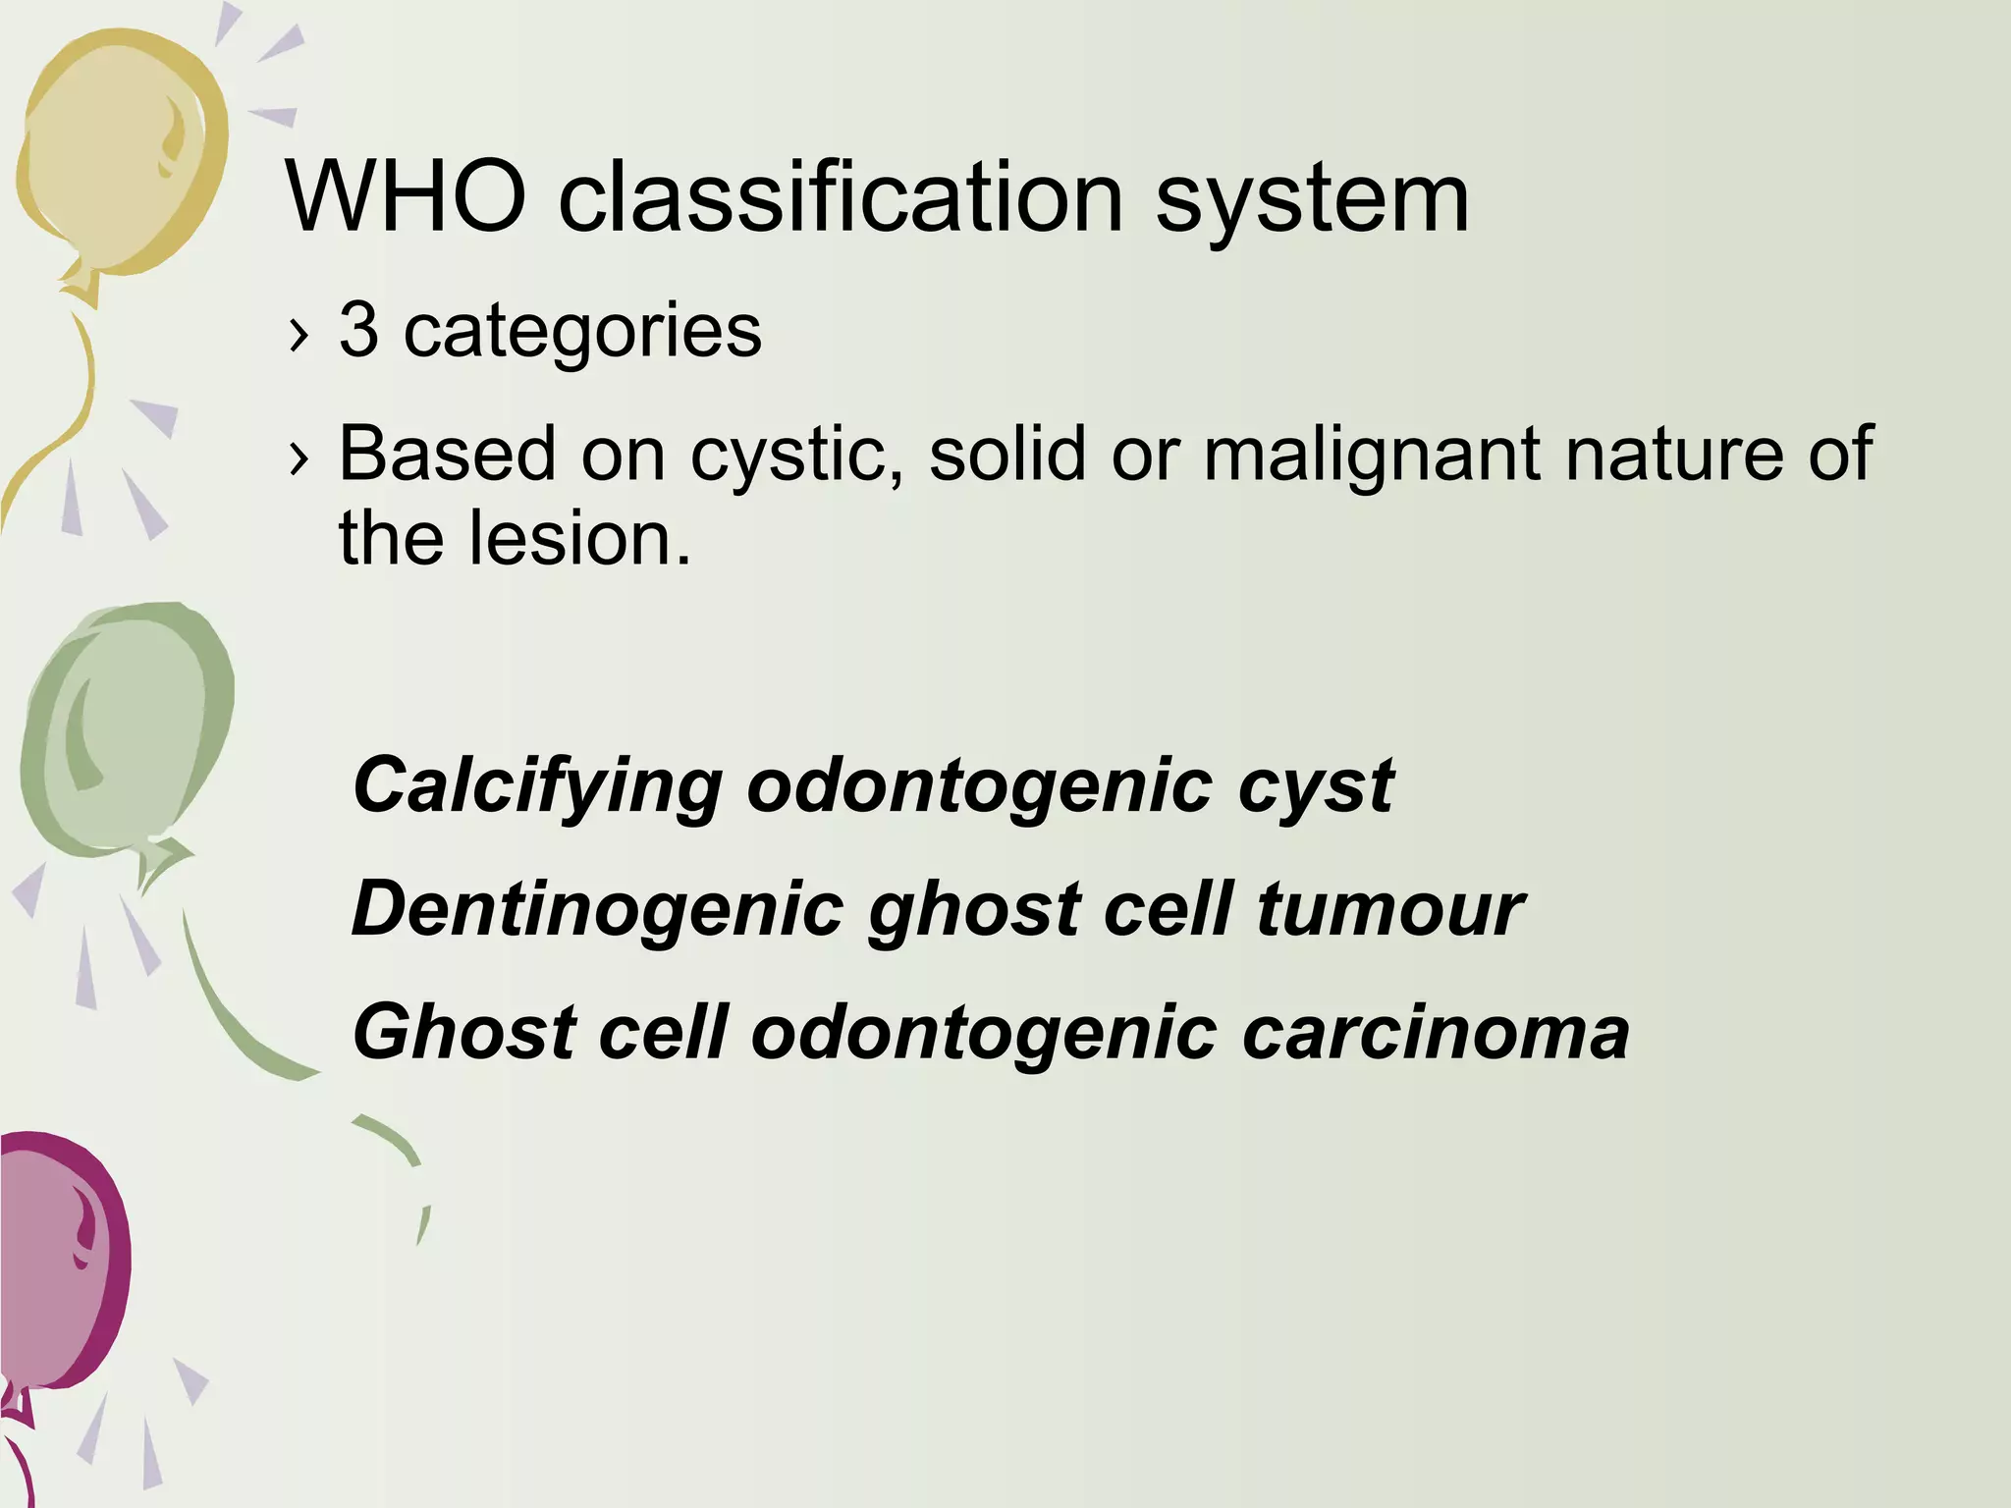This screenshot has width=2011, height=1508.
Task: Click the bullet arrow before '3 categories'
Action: pyautogui.click(x=299, y=336)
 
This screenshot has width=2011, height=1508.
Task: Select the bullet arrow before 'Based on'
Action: pyautogui.click(x=299, y=458)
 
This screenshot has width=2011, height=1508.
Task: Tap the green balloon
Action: pyautogui.click(x=128, y=727)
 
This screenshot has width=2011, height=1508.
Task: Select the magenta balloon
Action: pyautogui.click(x=59, y=1266)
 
